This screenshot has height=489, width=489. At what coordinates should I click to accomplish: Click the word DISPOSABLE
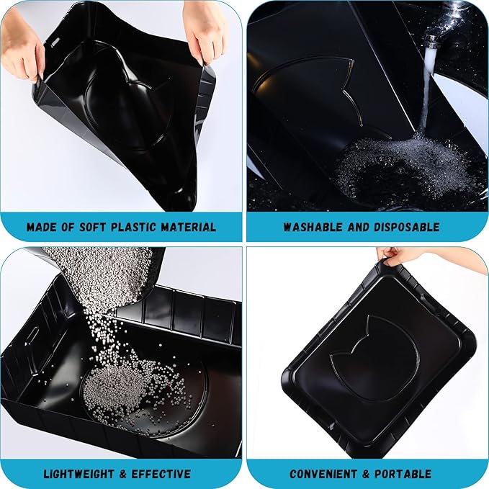406,228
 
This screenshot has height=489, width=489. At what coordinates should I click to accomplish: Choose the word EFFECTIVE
162,474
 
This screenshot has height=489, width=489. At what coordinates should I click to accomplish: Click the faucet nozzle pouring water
431,40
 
